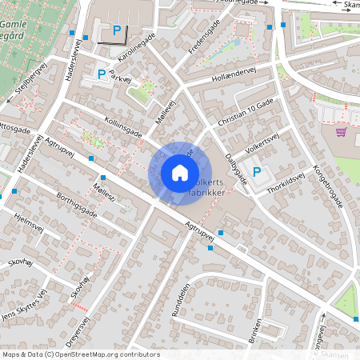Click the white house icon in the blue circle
[180, 172]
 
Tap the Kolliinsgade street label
[122, 127]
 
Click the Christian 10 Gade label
[245, 114]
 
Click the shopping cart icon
[341, 132]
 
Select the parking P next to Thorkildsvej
[257, 171]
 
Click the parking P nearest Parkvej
[102, 74]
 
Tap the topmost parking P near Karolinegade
[117, 30]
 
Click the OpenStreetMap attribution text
[80, 354]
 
